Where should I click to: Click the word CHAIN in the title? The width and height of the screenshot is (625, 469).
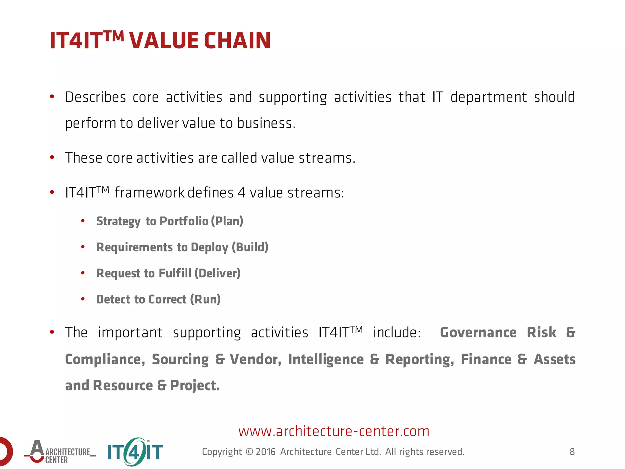(x=237, y=41)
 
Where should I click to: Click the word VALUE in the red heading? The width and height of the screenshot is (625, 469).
(x=164, y=41)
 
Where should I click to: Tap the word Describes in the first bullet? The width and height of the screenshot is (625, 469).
(x=96, y=97)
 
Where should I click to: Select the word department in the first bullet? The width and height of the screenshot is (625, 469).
(x=489, y=97)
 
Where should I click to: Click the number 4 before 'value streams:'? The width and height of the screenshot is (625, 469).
(x=241, y=193)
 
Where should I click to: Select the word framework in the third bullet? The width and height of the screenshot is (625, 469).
(x=150, y=193)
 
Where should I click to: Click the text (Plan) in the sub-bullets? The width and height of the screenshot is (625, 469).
(x=227, y=221)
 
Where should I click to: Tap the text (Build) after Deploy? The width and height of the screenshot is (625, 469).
(x=250, y=247)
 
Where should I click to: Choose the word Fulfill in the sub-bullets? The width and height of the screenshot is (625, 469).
(x=175, y=273)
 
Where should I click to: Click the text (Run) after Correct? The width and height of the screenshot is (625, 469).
(x=205, y=299)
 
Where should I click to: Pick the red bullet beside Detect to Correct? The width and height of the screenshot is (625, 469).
(x=83, y=299)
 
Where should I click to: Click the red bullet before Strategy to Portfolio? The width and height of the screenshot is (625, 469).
(x=83, y=221)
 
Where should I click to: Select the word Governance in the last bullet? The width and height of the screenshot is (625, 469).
(x=478, y=333)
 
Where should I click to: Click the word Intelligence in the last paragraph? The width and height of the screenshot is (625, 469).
(x=326, y=359)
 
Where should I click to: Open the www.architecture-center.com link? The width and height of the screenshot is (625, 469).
(x=334, y=431)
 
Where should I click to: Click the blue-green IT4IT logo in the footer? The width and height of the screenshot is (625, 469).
(x=135, y=452)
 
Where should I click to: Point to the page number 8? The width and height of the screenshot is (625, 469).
(x=572, y=452)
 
